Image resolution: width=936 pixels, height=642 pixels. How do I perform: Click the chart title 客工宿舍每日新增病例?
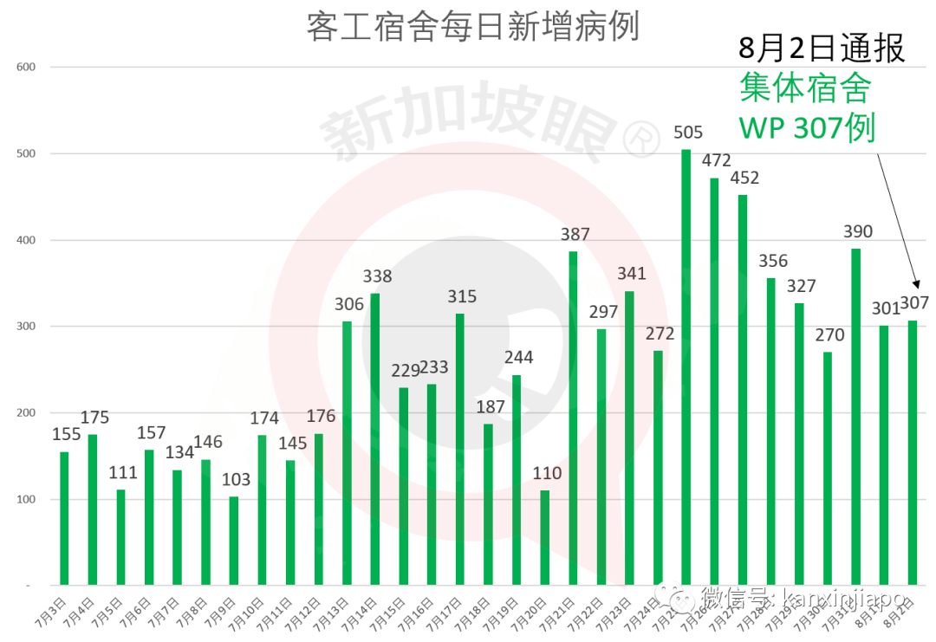coord(472,27)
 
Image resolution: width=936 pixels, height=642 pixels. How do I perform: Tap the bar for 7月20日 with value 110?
coord(545,537)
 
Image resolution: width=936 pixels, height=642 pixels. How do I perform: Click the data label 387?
coord(574,234)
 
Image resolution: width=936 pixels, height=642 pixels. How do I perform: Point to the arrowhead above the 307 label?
coord(914,283)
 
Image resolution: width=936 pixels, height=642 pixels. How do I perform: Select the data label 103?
coord(234,479)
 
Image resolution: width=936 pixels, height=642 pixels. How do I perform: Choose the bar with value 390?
coord(856,417)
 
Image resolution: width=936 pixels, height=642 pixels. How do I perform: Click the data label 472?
coord(716,160)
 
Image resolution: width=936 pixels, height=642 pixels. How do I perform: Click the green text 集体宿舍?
coord(805,88)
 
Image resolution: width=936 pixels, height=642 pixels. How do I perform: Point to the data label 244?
coord(517,358)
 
